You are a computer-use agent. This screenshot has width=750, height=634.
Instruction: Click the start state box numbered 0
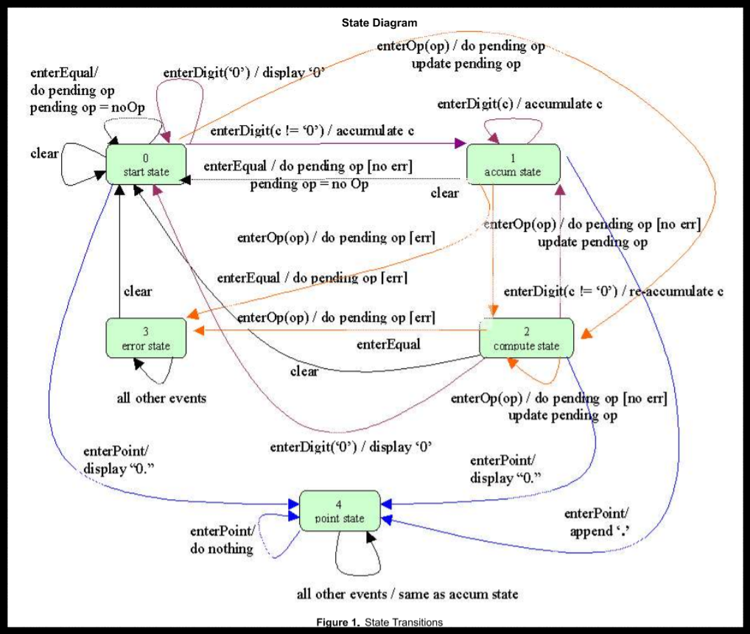pyautogui.click(x=147, y=165)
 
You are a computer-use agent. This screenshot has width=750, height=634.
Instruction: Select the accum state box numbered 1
pyautogui.click(x=514, y=165)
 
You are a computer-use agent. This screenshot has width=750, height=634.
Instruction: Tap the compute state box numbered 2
pyautogui.click(x=525, y=339)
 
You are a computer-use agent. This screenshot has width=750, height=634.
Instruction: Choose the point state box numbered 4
pyautogui.click(x=340, y=511)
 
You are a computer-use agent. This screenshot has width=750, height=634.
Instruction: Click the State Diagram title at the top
pyautogui.click(x=379, y=23)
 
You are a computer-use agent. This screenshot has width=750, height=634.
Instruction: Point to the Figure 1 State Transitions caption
pyautogui.click(x=379, y=622)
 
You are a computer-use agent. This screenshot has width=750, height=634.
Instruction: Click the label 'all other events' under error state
pyautogui.click(x=161, y=399)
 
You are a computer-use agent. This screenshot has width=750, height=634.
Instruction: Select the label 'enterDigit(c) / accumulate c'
pyautogui.click(x=520, y=104)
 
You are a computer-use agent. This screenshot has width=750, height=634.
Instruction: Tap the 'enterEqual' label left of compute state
pyautogui.click(x=388, y=344)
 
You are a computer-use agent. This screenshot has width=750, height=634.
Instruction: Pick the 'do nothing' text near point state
pyautogui.click(x=221, y=548)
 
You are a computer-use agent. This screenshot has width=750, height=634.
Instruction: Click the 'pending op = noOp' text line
pyautogui.click(x=87, y=108)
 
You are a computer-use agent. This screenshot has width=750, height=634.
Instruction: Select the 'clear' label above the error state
pyautogui.click(x=138, y=291)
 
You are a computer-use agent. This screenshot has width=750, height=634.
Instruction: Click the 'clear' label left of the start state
pyautogui.click(x=44, y=154)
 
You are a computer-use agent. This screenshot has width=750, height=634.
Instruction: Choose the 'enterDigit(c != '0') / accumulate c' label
pyautogui.click(x=312, y=131)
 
